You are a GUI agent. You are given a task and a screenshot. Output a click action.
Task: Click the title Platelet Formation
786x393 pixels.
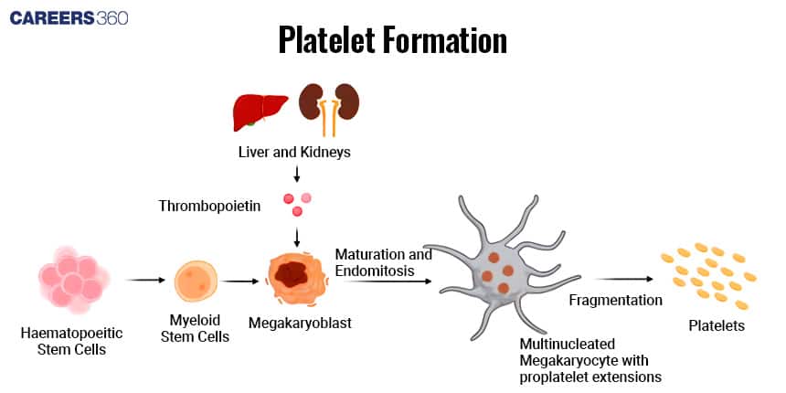[392, 40]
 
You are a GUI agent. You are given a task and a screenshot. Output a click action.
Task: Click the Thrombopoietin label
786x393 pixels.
[222, 207]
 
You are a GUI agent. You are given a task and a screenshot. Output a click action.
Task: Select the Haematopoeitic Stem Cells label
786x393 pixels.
[72, 341]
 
